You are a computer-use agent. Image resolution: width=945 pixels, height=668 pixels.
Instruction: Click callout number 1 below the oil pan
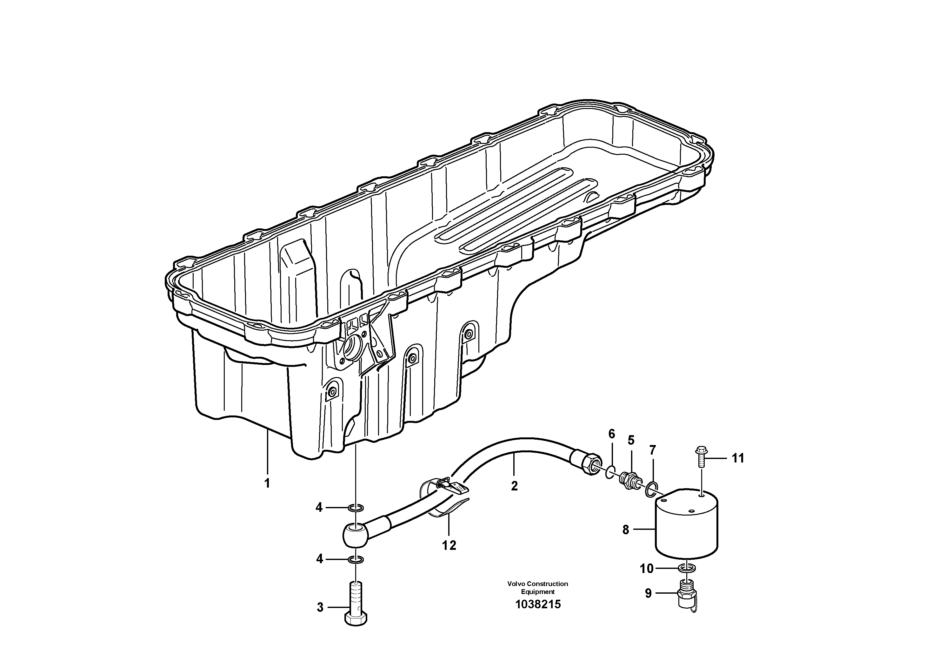tap(267, 483)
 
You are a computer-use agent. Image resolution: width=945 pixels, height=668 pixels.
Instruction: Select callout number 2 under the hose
tap(514, 486)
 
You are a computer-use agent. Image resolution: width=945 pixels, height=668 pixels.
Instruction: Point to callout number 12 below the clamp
tap(449, 546)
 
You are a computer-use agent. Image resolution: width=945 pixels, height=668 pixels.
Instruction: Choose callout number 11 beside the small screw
tap(738, 458)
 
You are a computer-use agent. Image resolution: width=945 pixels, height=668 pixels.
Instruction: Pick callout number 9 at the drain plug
tap(648, 593)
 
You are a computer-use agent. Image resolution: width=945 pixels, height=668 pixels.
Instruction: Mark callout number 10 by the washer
tap(647, 569)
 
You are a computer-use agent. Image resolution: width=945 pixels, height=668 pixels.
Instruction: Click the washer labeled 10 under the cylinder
tap(687, 568)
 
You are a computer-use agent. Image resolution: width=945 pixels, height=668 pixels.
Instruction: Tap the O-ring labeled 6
tap(611, 472)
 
